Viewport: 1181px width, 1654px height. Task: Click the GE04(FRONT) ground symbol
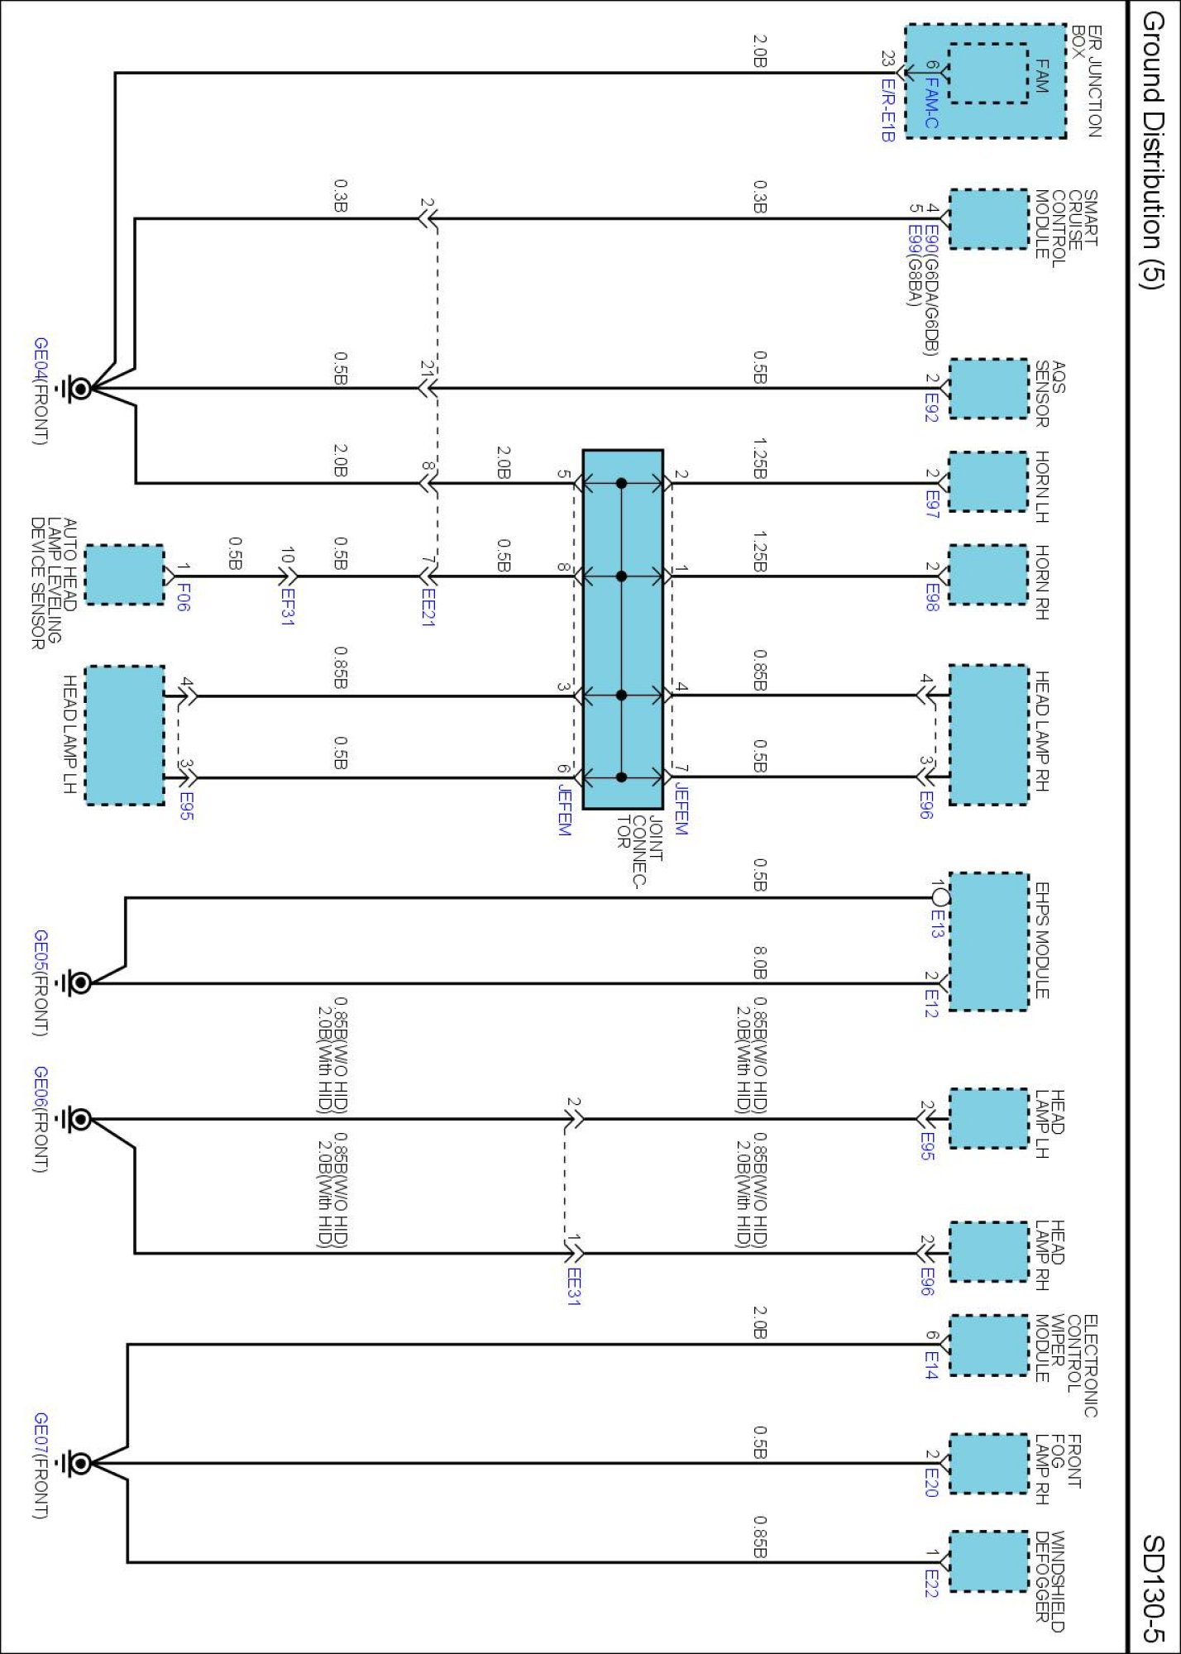point(80,388)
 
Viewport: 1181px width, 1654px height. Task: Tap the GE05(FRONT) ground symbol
point(80,982)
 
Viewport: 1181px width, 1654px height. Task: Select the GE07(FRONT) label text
point(41,1465)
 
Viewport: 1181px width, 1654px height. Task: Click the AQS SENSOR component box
point(988,388)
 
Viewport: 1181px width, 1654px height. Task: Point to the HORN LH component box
point(988,482)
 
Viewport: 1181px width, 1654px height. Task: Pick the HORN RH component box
point(988,575)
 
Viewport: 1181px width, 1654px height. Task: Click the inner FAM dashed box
point(987,74)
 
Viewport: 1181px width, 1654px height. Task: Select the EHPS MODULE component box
point(988,941)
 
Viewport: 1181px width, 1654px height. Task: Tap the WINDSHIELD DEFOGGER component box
point(988,1561)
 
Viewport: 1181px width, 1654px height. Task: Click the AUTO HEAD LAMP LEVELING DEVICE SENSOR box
point(125,575)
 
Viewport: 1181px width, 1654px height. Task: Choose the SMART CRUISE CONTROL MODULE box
point(988,219)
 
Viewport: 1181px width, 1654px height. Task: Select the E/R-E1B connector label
point(887,110)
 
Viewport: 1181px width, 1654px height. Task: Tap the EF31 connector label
point(287,606)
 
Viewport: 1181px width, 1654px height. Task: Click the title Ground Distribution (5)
point(1152,150)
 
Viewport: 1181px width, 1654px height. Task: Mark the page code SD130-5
point(1153,1589)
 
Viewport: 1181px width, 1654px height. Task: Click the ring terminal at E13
point(940,896)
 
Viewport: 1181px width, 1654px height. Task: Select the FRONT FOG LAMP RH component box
point(988,1464)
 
